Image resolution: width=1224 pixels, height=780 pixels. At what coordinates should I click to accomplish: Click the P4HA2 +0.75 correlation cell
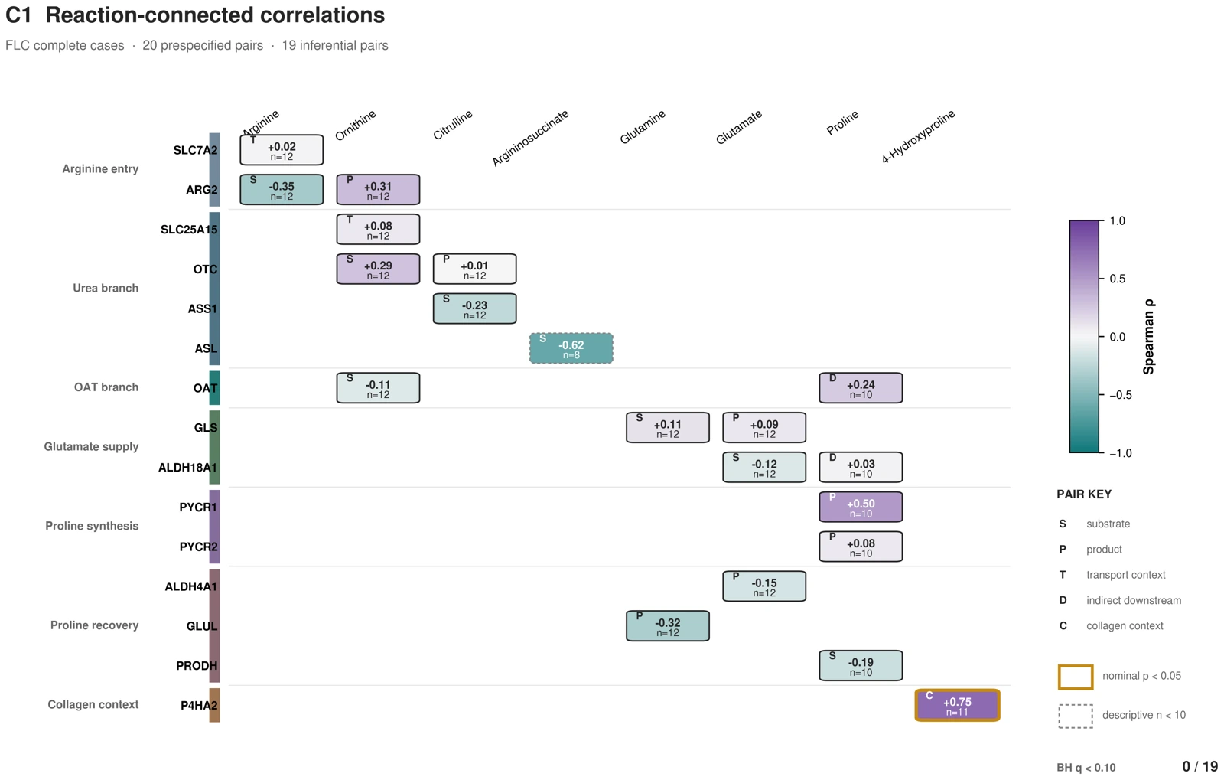[x=957, y=705]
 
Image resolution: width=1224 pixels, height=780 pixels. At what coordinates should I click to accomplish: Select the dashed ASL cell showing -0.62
[x=571, y=348]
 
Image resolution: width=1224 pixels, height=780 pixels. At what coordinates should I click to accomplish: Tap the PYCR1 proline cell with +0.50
[x=861, y=507]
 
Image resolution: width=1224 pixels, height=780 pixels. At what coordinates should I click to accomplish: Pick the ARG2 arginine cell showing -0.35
[x=282, y=190]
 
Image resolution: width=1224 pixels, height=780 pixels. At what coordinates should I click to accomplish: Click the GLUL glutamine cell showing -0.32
[x=668, y=626]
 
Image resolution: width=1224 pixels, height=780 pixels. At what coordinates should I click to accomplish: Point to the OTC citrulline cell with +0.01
[x=475, y=269]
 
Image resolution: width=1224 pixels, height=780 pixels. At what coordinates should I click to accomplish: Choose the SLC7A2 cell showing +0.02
[x=282, y=150]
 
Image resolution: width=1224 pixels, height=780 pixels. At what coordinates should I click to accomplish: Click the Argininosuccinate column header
[x=530, y=138]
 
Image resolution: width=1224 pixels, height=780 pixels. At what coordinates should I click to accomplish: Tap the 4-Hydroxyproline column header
[x=918, y=137]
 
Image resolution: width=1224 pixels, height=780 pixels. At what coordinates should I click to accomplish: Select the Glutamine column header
[x=642, y=127]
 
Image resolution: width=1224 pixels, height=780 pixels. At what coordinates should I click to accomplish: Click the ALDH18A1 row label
[x=187, y=468]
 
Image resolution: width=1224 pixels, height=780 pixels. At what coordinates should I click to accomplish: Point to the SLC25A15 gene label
[x=188, y=230]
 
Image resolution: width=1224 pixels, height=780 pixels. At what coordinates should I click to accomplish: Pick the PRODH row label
[x=197, y=666]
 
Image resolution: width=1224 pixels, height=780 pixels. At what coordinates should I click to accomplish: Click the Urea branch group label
[x=106, y=288]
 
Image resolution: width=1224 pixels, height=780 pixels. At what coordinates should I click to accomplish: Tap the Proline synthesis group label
[x=92, y=526]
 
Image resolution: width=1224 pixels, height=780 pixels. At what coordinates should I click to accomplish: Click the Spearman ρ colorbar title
[x=1148, y=337]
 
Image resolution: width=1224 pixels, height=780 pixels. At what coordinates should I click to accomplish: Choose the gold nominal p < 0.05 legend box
[x=1076, y=677]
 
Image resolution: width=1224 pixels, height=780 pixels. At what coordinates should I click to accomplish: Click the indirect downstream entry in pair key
[x=1133, y=600]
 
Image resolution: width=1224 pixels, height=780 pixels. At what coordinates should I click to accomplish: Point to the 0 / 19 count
[x=1200, y=766]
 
